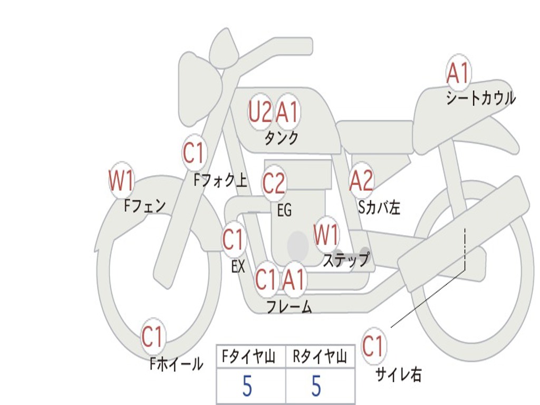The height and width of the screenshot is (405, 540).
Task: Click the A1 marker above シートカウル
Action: click(x=458, y=73)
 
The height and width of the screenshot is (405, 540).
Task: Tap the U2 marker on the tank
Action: click(x=260, y=111)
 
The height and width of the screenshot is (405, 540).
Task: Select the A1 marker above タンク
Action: click(x=287, y=111)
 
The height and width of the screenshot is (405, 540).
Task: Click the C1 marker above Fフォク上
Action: click(x=194, y=153)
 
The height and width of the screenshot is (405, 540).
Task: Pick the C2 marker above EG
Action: click(x=274, y=183)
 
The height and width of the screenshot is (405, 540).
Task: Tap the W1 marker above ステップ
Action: click(x=326, y=235)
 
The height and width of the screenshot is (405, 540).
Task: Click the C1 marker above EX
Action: click(x=234, y=239)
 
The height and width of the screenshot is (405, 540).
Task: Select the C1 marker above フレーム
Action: click(x=266, y=279)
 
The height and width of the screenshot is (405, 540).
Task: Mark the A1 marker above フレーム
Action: click(x=294, y=279)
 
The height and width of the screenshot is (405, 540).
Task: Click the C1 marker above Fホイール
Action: click(x=152, y=336)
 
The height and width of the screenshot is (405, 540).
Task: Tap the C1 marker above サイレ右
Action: click(x=373, y=345)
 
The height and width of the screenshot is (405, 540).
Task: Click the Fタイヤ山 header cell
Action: click(x=251, y=356)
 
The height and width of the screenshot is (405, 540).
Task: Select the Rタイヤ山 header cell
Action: click(x=321, y=356)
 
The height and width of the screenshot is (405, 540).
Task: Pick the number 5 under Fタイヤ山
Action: click(x=247, y=386)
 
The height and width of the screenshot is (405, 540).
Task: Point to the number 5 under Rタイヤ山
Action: click(x=316, y=386)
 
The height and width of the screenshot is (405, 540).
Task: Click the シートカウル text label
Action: click(x=481, y=98)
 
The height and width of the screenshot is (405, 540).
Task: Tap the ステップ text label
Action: click(x=346, y=260)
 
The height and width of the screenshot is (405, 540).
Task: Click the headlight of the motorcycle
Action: click(x=200, y=90)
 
